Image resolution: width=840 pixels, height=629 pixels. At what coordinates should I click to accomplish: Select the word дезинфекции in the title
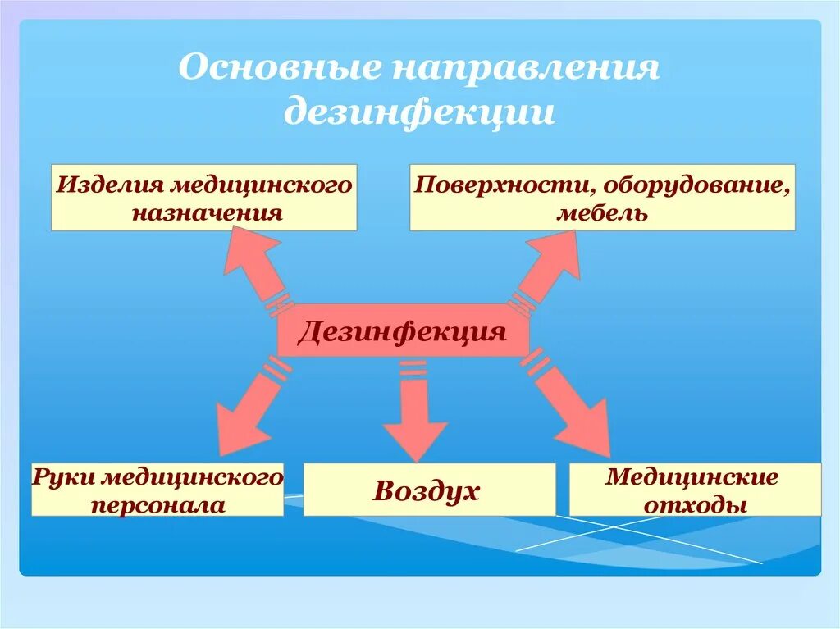tap(419, 112)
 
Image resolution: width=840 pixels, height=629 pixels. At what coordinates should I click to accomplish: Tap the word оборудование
tap(696, 185)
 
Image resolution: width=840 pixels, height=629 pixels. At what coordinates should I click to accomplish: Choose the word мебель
tap(603, 214)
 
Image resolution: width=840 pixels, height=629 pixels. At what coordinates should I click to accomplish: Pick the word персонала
tap(158, 505)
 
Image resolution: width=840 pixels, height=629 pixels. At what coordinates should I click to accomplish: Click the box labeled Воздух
tap(429, 490)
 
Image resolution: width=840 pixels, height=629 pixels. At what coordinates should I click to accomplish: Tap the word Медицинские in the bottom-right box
tap(692, 476)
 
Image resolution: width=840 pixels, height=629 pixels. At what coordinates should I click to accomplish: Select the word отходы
tap(696, 505)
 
